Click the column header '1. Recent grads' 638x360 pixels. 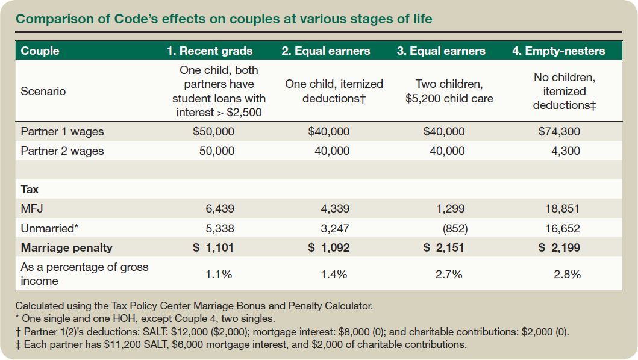(210, 51)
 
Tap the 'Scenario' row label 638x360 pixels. (43, 92)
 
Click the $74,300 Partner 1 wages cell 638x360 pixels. (559, 131)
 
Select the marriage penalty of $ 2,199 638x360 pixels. (559, 247)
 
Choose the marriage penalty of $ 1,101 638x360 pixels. (214, 247)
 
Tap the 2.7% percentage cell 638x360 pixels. (449, 274)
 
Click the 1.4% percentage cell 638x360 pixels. (334, 274)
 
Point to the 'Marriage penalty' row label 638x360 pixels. (66, 247)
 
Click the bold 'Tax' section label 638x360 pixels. (30, 189)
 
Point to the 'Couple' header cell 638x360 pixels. (40, 51)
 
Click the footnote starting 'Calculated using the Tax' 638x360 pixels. (194, 306)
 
